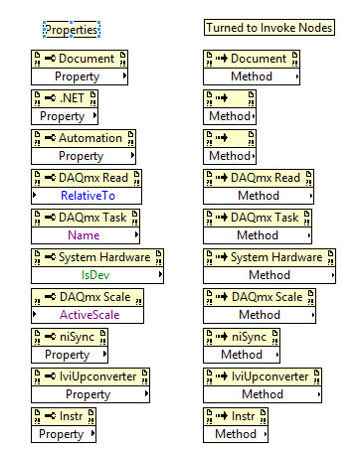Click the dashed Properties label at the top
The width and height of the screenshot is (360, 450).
pyautogui.click(x=72, y=30)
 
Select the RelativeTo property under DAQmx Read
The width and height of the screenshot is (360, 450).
pyautogui.click(x=82, y=196)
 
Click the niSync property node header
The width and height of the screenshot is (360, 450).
pyautogui.click(x=69, y=337)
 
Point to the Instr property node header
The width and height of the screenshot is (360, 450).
pyautogui.click(x=65, y=416)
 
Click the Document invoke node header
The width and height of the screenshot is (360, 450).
pyautogui.click(x=251, y=59)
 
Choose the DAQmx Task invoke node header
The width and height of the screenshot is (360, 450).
pyautogui.click(x=258, y=218)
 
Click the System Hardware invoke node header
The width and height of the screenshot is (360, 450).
pyautogui.click(x=269, y=257)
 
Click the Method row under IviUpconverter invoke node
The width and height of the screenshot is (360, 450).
pyautogui.click(x=263, y=394)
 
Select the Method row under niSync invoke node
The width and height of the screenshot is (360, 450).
pyautogui.click(x=241, y=355)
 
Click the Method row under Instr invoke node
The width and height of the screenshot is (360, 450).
pyautogui.click(x=236, y=434)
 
